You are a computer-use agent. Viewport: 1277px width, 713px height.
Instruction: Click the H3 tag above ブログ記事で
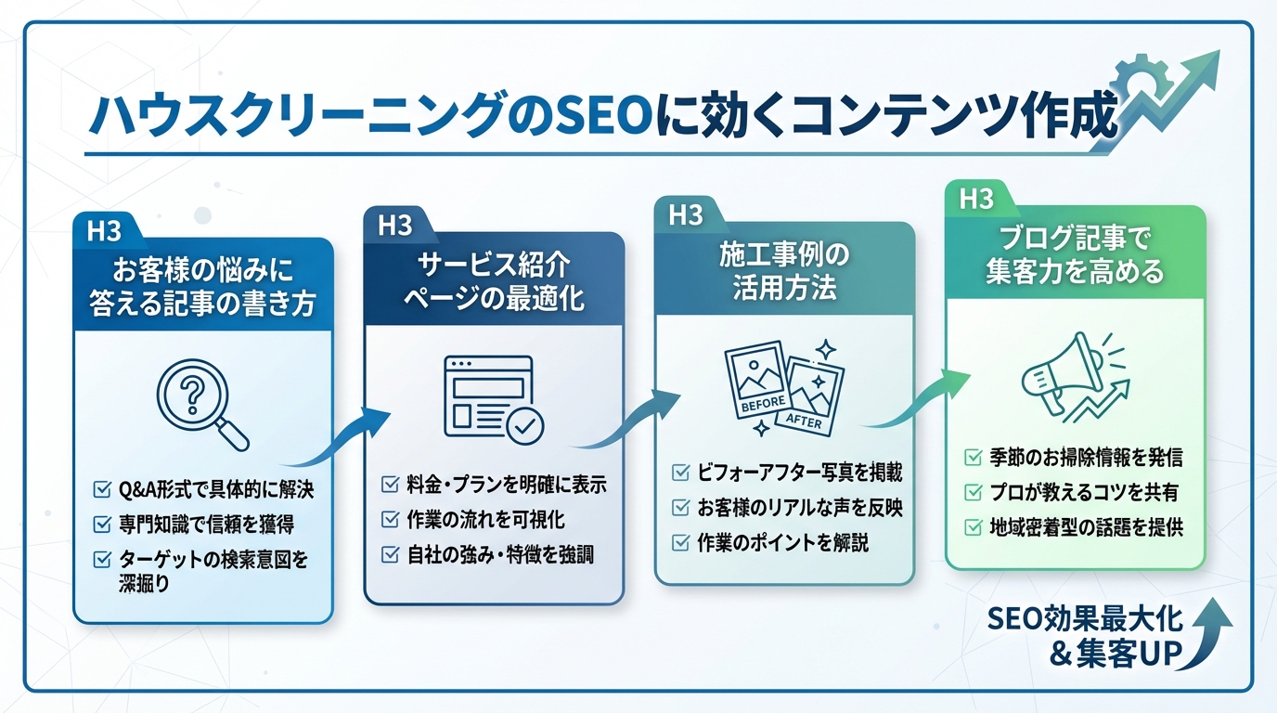[x=976, y=200]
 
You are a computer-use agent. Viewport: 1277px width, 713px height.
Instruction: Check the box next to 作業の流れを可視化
[x=391, y=520]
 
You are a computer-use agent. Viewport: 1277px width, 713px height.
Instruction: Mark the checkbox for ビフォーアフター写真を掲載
[x=681, y=473]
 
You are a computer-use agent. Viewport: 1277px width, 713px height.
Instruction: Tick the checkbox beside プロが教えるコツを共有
[x=974, y=493]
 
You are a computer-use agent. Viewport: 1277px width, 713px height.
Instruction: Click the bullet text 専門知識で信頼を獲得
[x=207, y=525]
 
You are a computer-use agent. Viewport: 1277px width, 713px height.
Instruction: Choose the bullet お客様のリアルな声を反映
[x=800, y=509]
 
